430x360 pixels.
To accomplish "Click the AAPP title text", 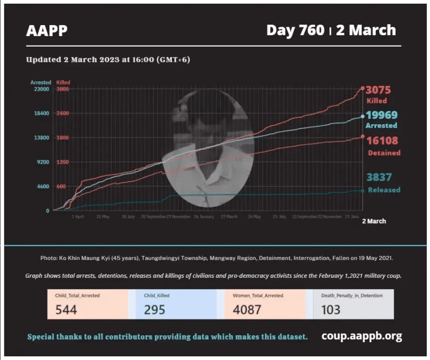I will coord(47,31).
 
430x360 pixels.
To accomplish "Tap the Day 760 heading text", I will coord(295,30).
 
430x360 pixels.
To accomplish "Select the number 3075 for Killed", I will coord(379,90).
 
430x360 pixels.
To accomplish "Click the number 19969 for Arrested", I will coord(381,115).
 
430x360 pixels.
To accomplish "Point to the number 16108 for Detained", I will coord(382,140).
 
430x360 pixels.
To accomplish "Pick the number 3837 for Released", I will coord(379,178).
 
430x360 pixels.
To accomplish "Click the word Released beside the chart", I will coord(384,190).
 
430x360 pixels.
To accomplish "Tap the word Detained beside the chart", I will coord(383,152).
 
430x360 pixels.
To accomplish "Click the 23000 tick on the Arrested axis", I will coord(41,89).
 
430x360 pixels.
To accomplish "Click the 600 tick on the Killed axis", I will coord(61,187).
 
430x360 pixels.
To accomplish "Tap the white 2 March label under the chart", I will coord(374,221).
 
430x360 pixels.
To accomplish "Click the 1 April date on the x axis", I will coord(78,216).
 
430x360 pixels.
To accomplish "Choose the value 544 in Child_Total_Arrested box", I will coord(66,309).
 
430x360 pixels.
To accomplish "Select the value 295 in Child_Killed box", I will coord(154,309).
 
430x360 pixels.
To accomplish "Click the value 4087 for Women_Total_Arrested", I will coord(247,309).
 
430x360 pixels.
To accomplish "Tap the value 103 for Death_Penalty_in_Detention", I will coord(330,309).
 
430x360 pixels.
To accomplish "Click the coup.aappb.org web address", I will coord(361,336).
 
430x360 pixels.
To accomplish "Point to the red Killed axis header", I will coord(63,82).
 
